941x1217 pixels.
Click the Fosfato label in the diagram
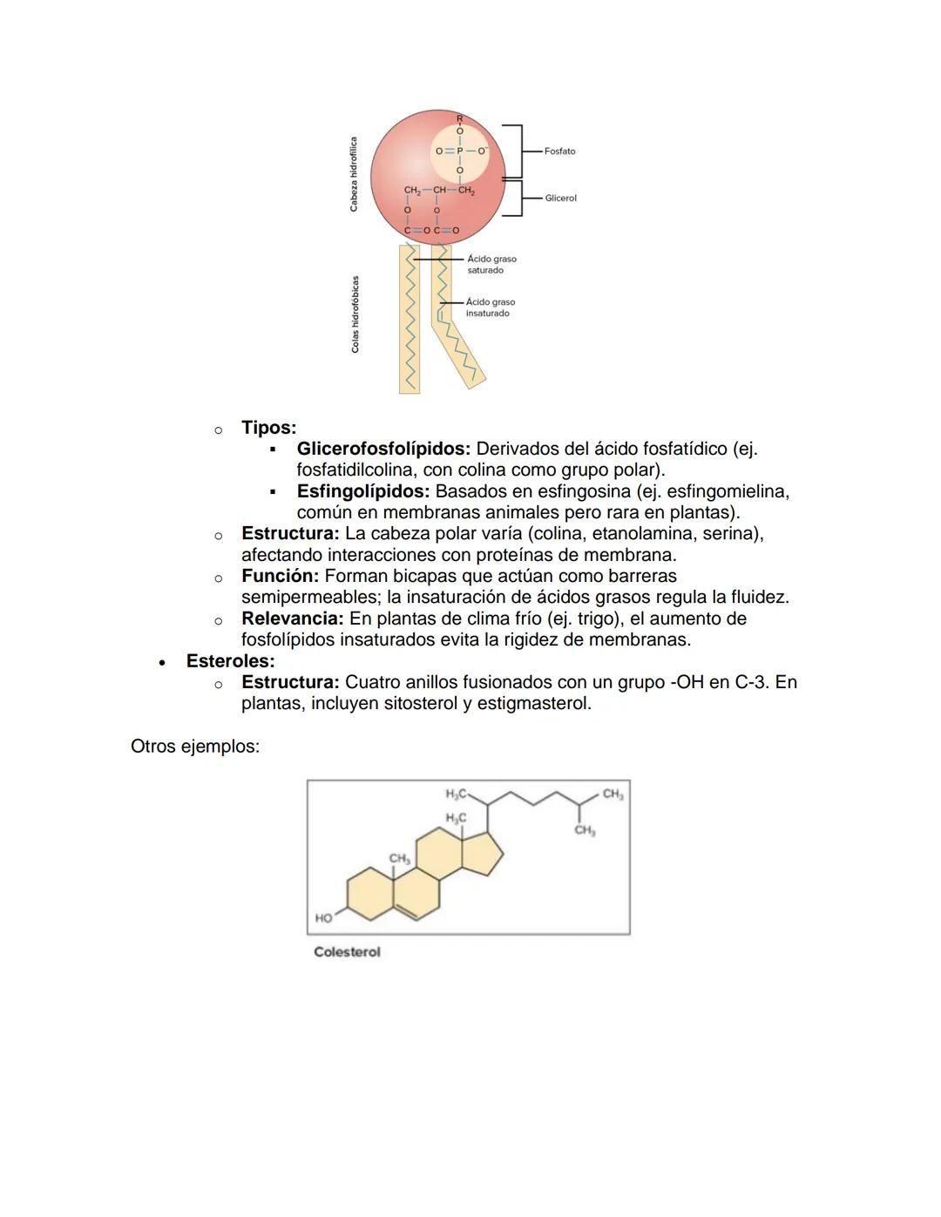[x=559, y=152]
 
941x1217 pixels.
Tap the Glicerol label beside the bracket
[x=560, y=199]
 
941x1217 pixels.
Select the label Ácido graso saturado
[x=491, y=265]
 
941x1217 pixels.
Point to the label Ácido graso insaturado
[x=490, y=308]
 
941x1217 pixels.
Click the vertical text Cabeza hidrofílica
[x=354, y=173]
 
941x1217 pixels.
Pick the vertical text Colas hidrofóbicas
[x=355, y=314]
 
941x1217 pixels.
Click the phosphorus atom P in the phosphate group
[x=460, y=151]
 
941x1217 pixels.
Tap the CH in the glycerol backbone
[x=439, y=190]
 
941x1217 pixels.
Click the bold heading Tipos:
[x=268, y=428]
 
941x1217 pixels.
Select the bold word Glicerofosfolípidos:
[x=383, y=450]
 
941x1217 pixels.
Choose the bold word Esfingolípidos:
[x=362, y=491]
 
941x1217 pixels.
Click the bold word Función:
[x=280, y=576]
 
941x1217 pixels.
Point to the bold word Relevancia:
[x=292, y=619]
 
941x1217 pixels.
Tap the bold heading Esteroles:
[x=230, y=661]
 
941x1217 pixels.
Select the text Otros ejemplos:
[x=195, y=747]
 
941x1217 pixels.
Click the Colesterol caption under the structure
[x=347, y=952]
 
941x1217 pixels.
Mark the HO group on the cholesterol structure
[x=323, y=918]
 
